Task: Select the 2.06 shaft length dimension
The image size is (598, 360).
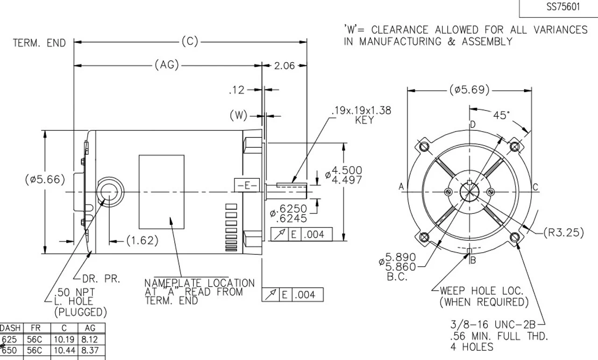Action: point(285,66)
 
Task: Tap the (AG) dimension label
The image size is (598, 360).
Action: point(167,65)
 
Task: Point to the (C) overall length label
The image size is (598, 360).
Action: point(190,42)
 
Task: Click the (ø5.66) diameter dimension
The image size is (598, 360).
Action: point(45,180)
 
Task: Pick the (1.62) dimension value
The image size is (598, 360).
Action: point(142,241)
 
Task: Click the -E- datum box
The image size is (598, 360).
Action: point(246,186)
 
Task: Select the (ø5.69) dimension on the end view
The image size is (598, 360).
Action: point(470,90)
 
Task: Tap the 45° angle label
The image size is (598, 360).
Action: point(501,115)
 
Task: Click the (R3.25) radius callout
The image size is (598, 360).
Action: point(563,232)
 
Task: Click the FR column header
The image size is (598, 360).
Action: point(35,329)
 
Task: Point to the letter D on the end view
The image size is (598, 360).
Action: point(473,124)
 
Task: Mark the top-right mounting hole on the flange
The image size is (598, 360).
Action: point(514,147)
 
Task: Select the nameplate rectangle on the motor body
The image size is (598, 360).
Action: point(161,192)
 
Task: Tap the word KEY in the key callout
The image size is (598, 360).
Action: point(364,120)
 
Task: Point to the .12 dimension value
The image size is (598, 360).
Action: point(237,90)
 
